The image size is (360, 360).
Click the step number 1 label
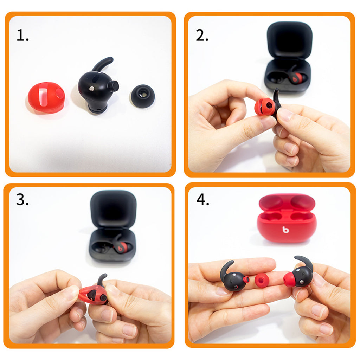[x=22, y=36]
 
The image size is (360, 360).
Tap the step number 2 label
[x=202, y=36]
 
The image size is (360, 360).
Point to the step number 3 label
[x=22, y=199]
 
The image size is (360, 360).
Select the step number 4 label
[x=203, y=199]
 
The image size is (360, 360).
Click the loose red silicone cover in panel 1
[x=46, y=98]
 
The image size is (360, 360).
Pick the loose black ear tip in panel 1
[x=142, y=96]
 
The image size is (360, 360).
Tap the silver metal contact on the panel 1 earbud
[x=92, y=88]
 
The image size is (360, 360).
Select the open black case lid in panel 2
[x=289, y=40]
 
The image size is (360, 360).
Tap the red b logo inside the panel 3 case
[x=120, y=249]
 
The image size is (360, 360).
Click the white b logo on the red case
[x=285, y=230]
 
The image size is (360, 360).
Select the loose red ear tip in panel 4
[x=262, y=280]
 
